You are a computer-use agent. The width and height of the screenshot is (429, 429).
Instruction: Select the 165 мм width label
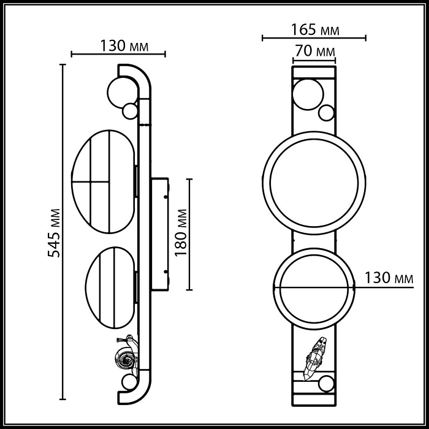coord(314,29)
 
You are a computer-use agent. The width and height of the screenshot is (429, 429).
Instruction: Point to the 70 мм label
coord(314,51)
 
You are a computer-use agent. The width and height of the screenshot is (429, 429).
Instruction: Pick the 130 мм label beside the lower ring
coord(389,277)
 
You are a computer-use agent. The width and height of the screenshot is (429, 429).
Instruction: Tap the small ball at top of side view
coord(131,112)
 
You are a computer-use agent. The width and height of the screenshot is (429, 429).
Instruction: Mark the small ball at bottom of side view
coord(129,382)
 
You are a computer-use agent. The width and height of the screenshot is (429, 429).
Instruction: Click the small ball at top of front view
coord(326,113)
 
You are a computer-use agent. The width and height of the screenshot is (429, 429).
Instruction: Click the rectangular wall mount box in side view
coord(160,233)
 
